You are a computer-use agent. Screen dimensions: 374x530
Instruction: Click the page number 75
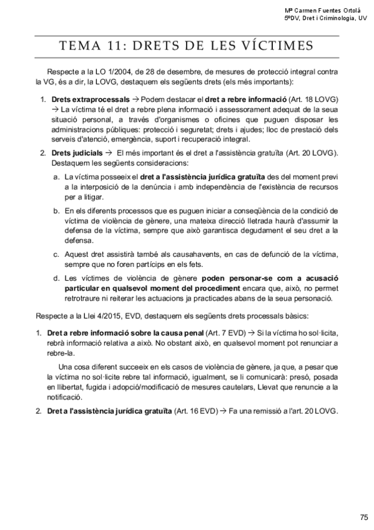pyautogui.click(x=364, y=499)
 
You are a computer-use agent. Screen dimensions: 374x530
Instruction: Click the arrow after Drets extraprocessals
pyautogui.click(x=135, y=99)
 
